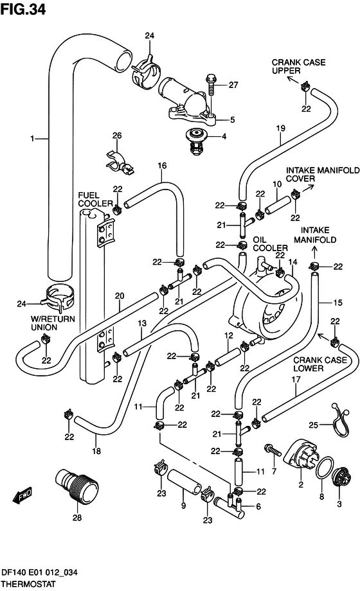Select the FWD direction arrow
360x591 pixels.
tap(22, 495)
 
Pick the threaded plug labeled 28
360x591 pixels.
tap(76, 485)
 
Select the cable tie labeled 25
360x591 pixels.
tap(341, 420)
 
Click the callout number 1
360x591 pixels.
tap(32, 139)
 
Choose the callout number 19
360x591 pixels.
tap(280, 128)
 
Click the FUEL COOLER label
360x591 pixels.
tap(96, 199)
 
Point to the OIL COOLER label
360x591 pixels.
tap(270, 244)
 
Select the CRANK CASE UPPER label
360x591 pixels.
tap(298, 66)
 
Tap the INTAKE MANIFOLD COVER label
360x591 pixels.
tap(323, 174)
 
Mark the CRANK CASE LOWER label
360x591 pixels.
tap(320, 364)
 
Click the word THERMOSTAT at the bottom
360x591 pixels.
tap(28, 584)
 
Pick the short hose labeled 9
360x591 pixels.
tap(184, 482)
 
